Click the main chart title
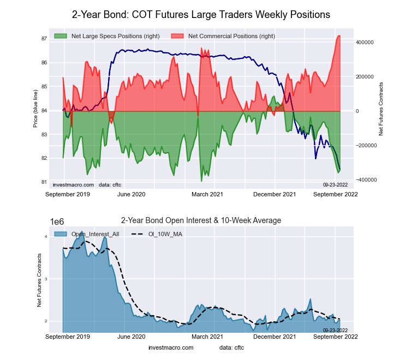click(201, 14)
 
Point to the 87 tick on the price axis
click(43, 39)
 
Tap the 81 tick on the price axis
click(43, 182)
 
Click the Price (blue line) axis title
click(35, 110)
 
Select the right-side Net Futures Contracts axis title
click(381, 109)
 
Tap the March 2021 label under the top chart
click(204, 194)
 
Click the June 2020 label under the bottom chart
click(131, 337)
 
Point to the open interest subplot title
click(201, 220)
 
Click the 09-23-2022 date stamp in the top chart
click(336, 184)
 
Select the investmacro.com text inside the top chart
click(73, 184)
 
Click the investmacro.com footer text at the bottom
click(171, 347)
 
